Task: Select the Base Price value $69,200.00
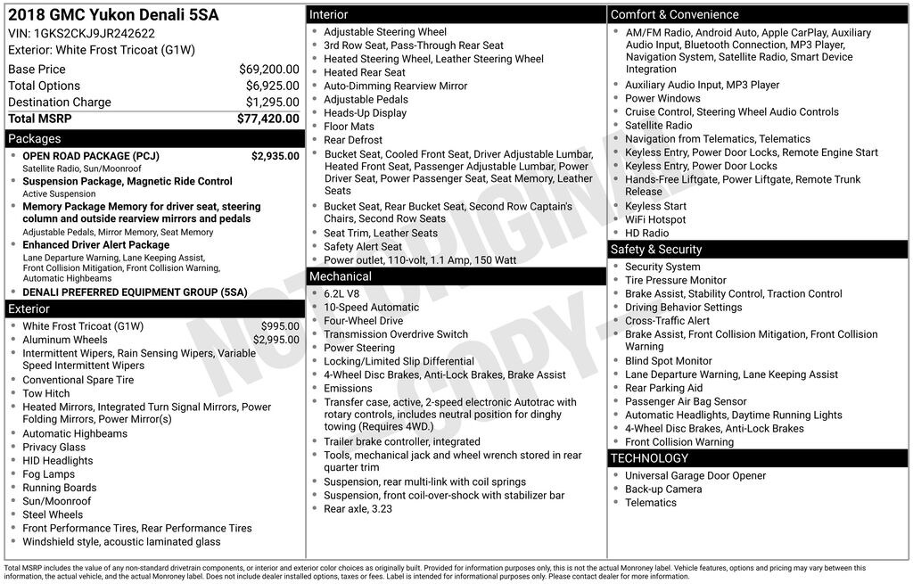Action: (x=269, y=69)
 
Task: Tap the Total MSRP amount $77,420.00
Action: (x=268, y=119)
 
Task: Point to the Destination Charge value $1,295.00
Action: (x=272, y=102)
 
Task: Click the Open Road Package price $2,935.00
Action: (x=276, y=156)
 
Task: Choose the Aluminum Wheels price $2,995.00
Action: (x=276, y=340)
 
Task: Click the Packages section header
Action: (x=35, y=139)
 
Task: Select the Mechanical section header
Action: (x=341, y=276)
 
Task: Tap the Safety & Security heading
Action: (x=656, y=250)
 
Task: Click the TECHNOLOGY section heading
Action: (x=649, y=458)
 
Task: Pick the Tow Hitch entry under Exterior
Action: (x=46, y=393)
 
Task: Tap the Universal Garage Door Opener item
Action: (x=695, y=476)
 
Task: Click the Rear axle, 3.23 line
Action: (x=358, y=509)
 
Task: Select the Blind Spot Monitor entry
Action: (x=669, y=361)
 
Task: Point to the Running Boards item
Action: (x=60, y=488)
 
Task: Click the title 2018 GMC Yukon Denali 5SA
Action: (x=112, y=15)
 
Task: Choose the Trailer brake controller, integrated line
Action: (x=401, y=441)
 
